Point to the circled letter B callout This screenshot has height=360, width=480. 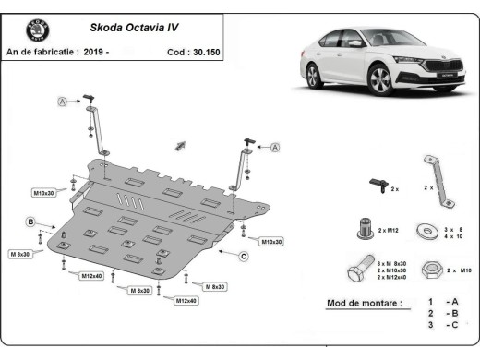(x=30, y=222)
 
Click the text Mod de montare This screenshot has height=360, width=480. (x=365, y=303)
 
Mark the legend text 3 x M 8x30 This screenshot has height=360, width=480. (x=397, y=263)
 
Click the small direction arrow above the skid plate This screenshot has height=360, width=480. (x=180, y=145)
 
